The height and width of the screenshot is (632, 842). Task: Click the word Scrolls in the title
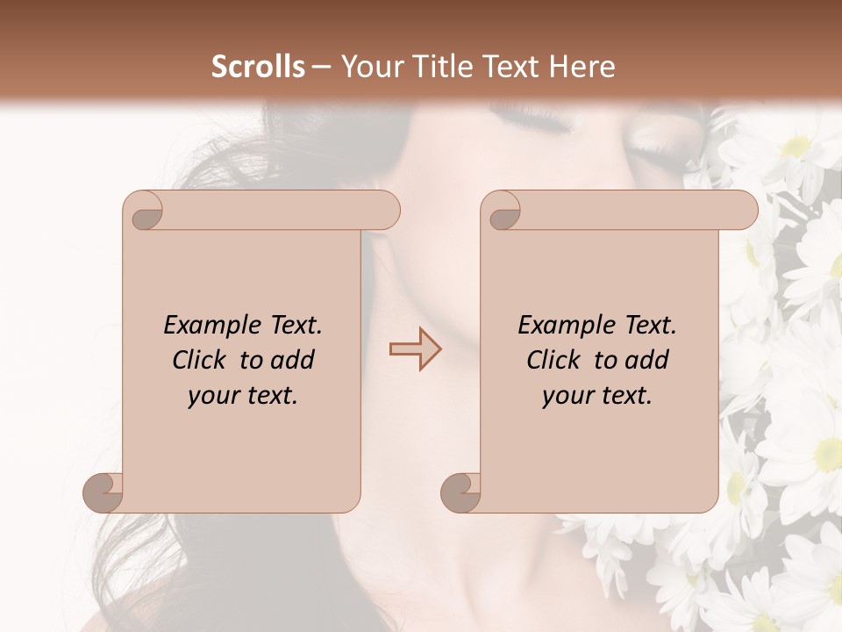click(x=259, y=67)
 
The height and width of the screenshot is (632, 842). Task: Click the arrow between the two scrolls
click(x=415, y=349)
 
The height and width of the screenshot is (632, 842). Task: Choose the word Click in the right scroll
click(x=553, y=360)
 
